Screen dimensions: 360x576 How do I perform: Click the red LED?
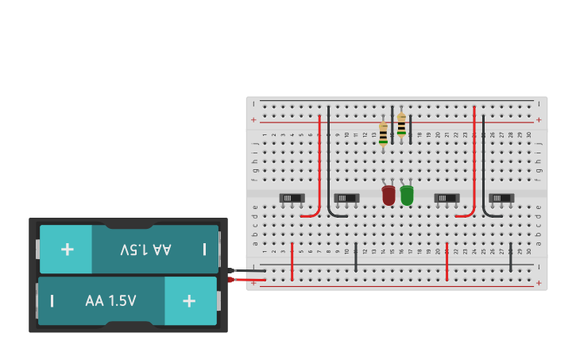pyautogui.click(x=389, y=195)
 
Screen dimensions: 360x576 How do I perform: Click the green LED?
pyautogui.click(x=407, y=195)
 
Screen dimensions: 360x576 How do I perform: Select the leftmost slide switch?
pyautogui.click(x=292, y=198)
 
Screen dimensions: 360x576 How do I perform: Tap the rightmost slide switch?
pyautogui.click(x=501, y=198)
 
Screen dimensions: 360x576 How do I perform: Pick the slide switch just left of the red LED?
pyautogui.click(x=346, y=198)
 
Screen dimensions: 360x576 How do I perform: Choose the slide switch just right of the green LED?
pyautogui.click(x=446, y=198)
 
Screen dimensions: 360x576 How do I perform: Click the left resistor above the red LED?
pyautogui.click(x=384, y=133)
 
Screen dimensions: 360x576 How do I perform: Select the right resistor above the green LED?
pyautogui.click(x=401, y=125)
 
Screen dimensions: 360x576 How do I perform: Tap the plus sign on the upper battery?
pyautogui.click(x=67, y=250)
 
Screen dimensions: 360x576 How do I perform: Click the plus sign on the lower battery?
pyautogui.click(x=189, y=300)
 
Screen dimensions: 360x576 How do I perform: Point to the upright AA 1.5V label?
pyautogui.click(x=110, y=301)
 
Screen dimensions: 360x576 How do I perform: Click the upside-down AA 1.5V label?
pyautogui.click(x=145, y=250)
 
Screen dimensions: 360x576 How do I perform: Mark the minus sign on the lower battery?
pyautogui.click(x=52, y=301)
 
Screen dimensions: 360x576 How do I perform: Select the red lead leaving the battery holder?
pyautogui.click(x=248, y=279)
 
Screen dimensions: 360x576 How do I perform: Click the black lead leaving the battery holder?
pyautogui.click(x=248, y=270)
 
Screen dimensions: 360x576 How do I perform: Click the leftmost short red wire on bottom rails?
pyautogui.click(x=292, y=261)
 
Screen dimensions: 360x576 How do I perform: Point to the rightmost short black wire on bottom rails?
pyautogui.click(x=511, y=261)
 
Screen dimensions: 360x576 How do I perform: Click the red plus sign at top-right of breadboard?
pyautogui.click(x=539, y=120)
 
